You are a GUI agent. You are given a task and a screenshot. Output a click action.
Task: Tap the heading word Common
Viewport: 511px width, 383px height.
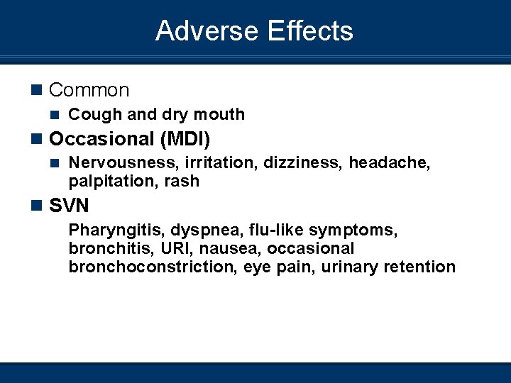click(89, 90)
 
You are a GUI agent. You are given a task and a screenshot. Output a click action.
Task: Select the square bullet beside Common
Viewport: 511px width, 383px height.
click(37, 90)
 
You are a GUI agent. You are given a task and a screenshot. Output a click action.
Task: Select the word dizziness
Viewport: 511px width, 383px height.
click(303, 163)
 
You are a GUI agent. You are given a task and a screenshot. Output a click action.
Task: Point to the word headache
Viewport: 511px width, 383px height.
click(389, 163)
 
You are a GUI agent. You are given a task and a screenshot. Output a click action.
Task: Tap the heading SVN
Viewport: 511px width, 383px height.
click(70, 206)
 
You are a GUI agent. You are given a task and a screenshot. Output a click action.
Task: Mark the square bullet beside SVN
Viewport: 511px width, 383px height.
click(37, 206)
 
